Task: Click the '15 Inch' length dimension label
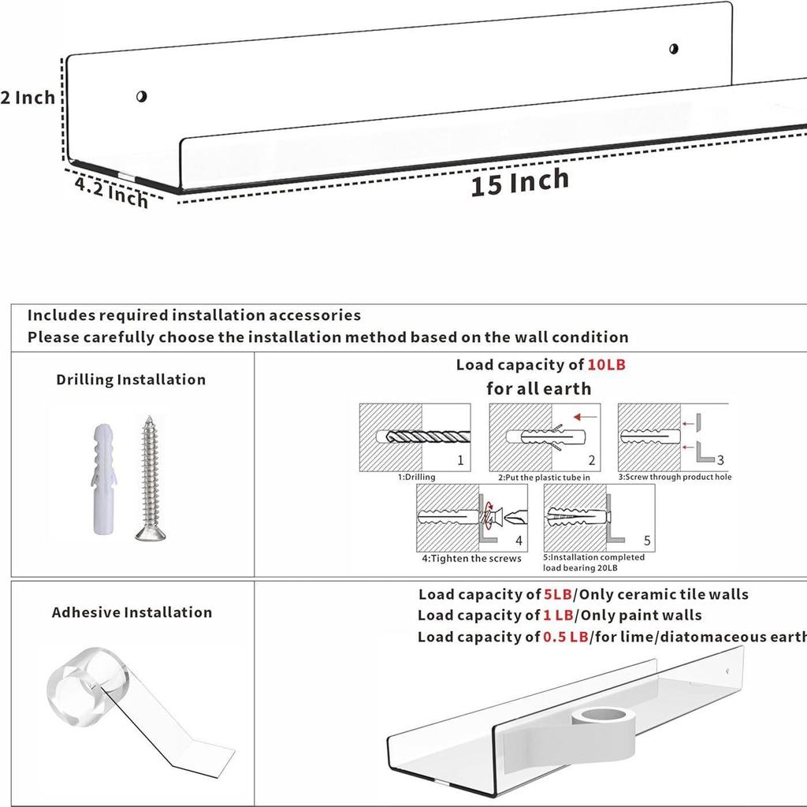pos(519,182)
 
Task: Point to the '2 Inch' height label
pos(28,98)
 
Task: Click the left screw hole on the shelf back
pos(141,97)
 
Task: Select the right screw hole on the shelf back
pos(674,49)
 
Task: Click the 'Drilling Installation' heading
pos(131,380)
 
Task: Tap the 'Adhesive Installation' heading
pos(132,612)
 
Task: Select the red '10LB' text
pos(607,365)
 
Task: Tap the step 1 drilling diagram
pos(415,437)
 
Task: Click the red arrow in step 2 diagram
pos(585,416)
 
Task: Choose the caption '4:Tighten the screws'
pos(471,559)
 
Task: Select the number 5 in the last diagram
pos(647,541)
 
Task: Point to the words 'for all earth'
pos(538,389)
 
